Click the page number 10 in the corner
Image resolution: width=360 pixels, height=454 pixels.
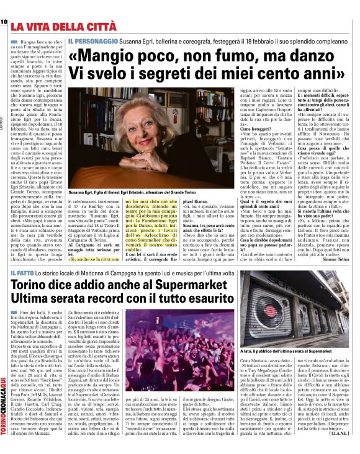pyautogui.click(x=4, y=22)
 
